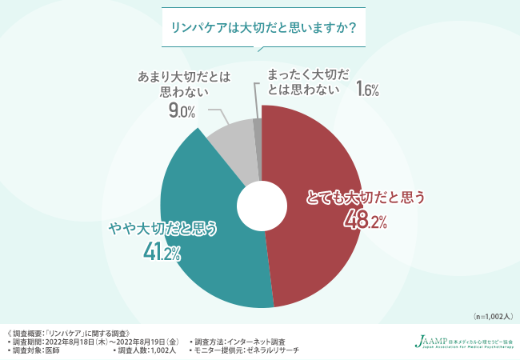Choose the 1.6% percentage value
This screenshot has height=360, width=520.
(366, 88)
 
